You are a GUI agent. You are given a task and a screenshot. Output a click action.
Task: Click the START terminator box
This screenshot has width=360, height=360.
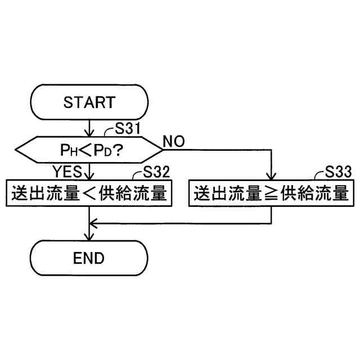(x=89, y=102)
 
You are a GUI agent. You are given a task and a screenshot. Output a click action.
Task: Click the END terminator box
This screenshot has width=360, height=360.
(x=89, y=258)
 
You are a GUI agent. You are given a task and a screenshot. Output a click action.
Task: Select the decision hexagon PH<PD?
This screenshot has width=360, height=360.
(x=89, y=149)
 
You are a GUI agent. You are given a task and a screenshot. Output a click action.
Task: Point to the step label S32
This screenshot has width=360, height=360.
(x=157, y=172)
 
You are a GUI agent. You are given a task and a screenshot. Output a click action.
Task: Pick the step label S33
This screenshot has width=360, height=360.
(x=338, y=172)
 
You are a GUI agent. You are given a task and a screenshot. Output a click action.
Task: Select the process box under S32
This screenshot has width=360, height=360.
(x=89, y=193)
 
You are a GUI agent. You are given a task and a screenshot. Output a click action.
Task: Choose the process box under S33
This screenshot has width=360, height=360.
(x=271, y=193)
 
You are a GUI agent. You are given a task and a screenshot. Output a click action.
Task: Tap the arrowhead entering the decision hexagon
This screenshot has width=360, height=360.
(x=89, y=133)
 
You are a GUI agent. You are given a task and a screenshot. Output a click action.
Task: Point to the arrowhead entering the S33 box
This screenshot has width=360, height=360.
(x=271, y=176)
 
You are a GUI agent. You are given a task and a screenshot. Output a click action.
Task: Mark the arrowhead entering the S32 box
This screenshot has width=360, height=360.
(x=89, y=176)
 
